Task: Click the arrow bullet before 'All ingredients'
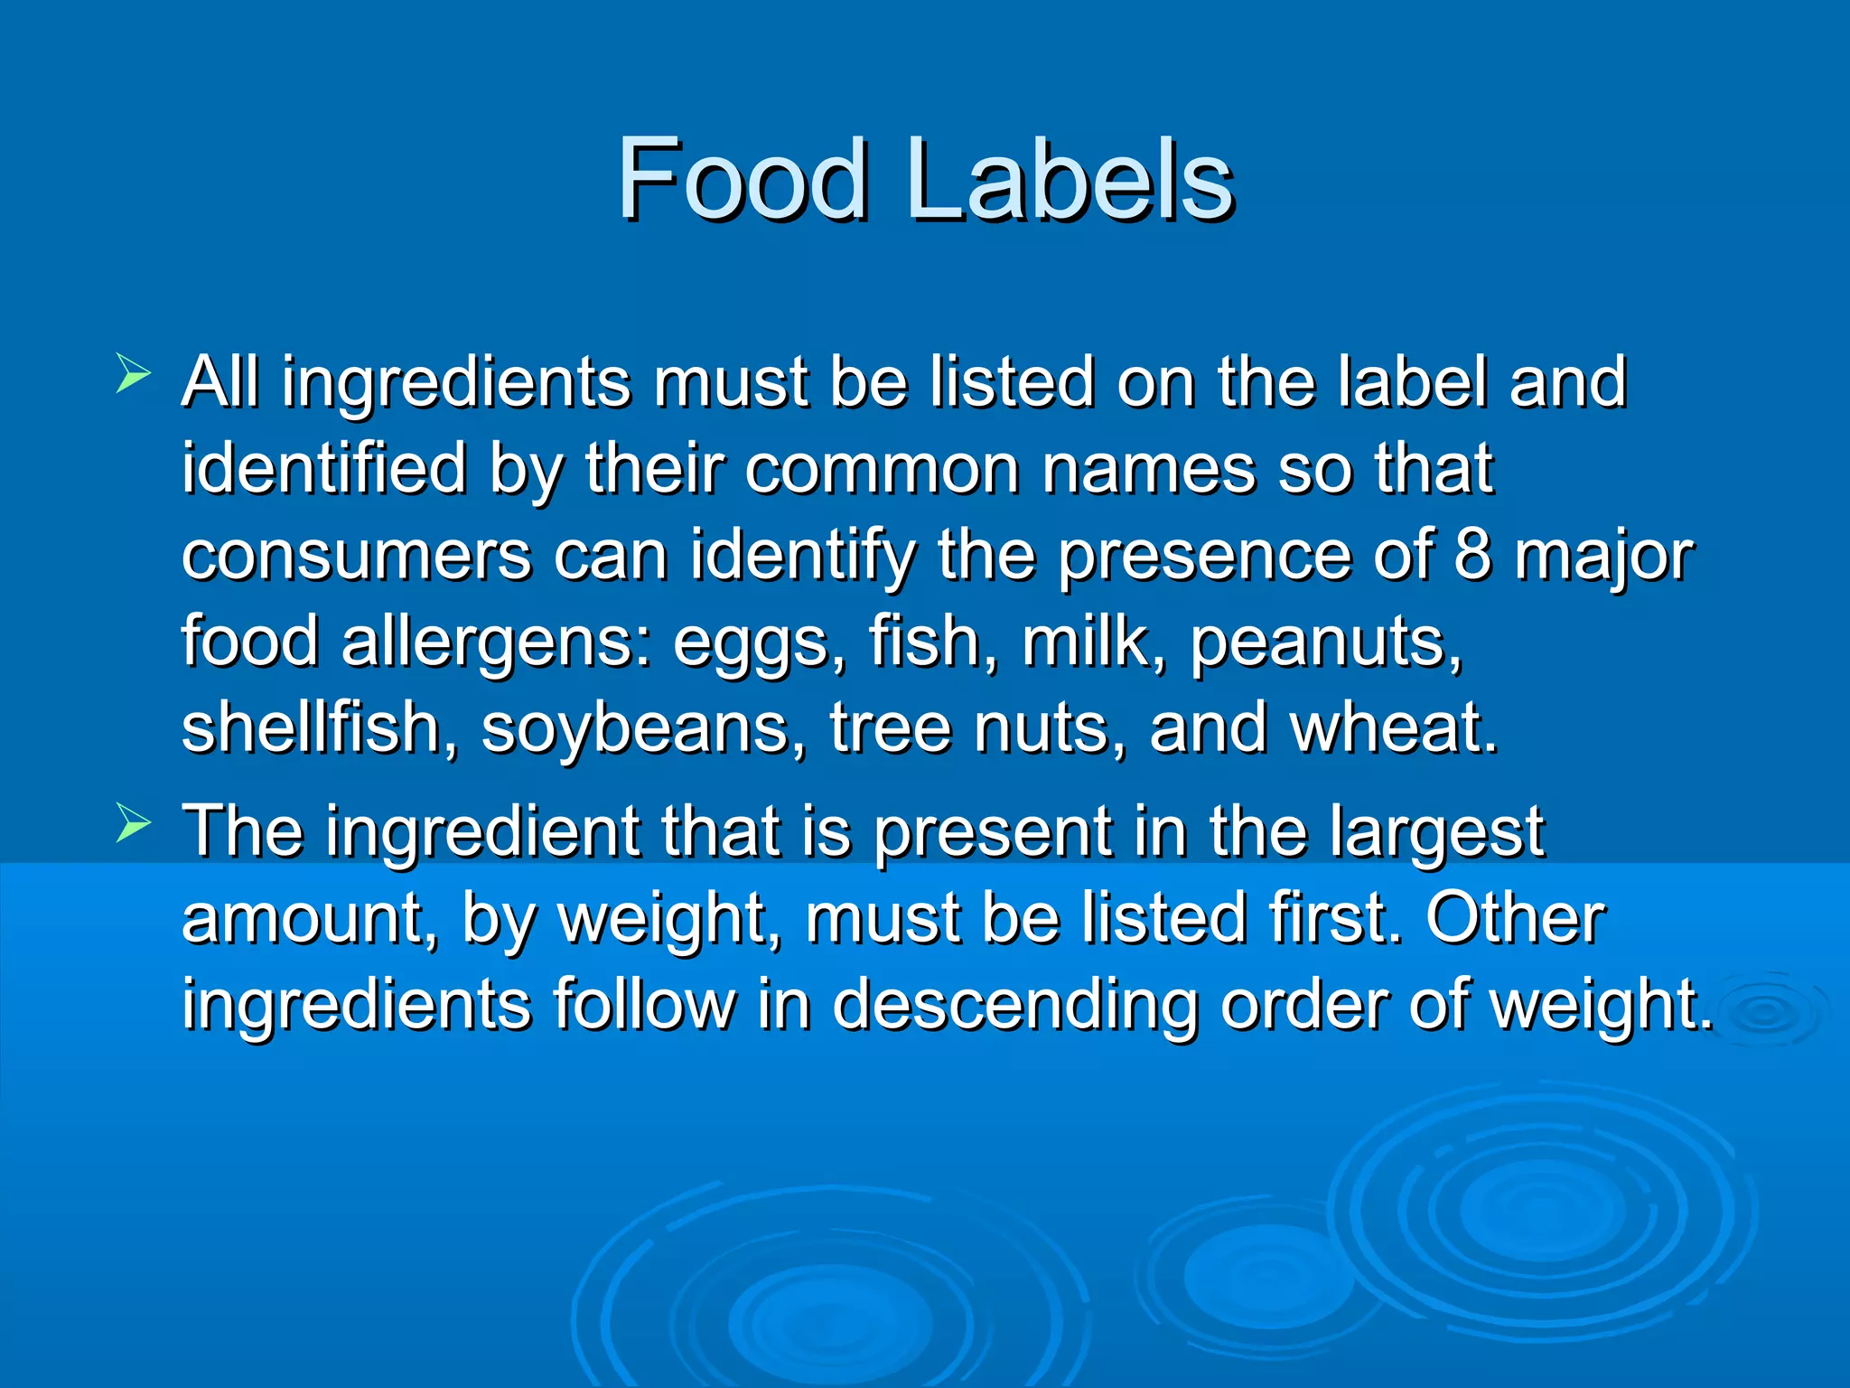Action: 133,374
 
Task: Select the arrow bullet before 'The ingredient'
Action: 133,823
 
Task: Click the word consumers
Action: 357,555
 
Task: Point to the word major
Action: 1604,557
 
